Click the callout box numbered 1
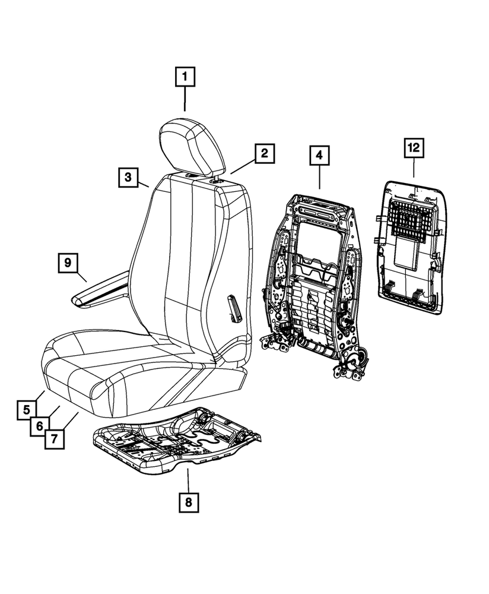(x=185, y=77)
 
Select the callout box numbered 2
(x=264, y=153)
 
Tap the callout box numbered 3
(x=128, y=177)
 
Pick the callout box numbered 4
(x=319, y=155)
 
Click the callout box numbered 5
(x=27, y=410)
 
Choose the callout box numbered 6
(x=40, y=426)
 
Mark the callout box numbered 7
(x=54, y=439)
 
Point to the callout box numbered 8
(x=189, y=503)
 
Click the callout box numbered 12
(x=414, y=148)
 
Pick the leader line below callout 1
(x=185, y=99)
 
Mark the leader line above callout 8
(x=188, y=481)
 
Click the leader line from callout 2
(x=243, y=167)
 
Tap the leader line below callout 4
(x=319, y=177)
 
